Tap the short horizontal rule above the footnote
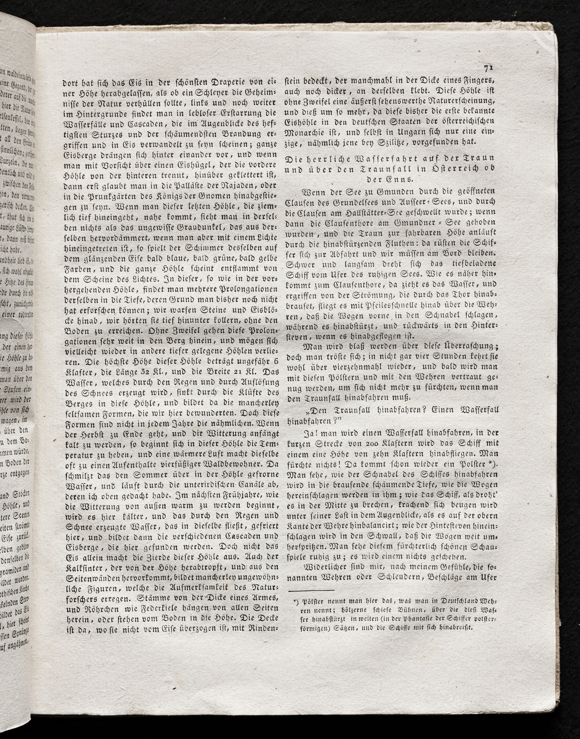pyautogui.click(x=311, y=590)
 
